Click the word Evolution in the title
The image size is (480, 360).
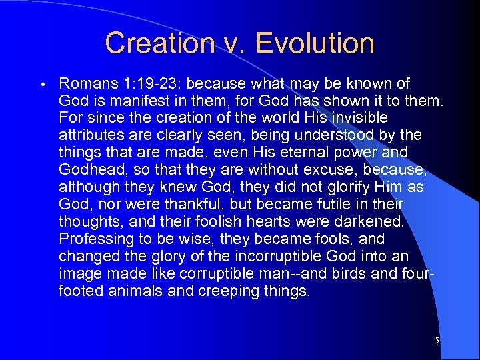tap(315, 43)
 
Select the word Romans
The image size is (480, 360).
tap(87, 84)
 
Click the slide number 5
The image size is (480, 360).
tap(437, 341)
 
